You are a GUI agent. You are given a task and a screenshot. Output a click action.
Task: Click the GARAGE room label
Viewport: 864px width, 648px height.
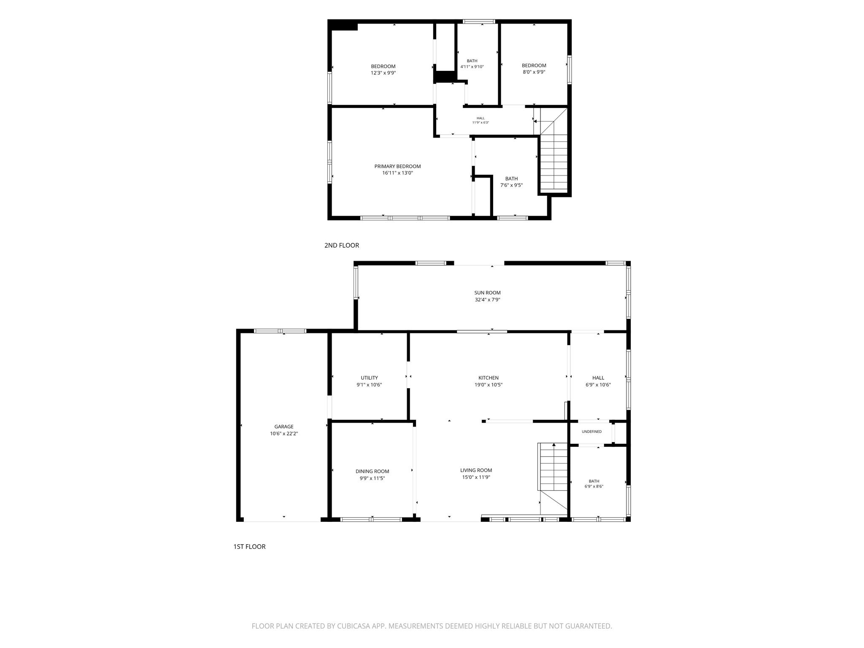284,427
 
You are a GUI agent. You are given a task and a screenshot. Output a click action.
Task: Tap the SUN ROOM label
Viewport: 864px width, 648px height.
487,293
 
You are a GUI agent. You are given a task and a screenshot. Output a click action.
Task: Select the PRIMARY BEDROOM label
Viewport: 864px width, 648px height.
397,166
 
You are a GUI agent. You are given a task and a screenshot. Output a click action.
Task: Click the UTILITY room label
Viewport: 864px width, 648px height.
369,378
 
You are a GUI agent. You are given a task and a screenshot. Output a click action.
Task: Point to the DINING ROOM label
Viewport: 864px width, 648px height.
372,471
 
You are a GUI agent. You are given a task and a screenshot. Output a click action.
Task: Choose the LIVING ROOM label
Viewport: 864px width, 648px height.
476,470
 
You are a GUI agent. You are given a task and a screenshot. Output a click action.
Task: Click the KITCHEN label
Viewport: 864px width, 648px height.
489,378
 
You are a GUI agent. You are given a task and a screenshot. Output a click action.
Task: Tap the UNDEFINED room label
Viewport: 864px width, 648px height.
591,432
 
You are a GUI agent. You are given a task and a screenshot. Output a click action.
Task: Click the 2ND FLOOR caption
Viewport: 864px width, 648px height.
342,245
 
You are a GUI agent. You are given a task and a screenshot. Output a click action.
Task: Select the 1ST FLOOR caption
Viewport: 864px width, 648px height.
249,546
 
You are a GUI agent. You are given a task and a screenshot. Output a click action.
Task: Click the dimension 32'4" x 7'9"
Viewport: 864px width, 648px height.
487,300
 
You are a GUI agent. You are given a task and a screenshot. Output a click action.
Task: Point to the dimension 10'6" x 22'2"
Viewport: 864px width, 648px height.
284,433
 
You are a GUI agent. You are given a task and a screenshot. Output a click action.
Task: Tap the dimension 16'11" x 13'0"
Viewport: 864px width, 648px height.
397,173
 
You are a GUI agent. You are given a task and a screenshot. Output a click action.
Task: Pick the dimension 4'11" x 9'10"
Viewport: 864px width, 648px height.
472,67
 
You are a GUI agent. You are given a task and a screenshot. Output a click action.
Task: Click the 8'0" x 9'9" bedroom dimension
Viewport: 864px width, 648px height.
534,72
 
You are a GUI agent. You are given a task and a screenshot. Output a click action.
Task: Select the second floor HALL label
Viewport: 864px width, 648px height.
481,118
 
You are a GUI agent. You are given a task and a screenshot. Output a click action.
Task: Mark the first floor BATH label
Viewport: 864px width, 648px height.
594,481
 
